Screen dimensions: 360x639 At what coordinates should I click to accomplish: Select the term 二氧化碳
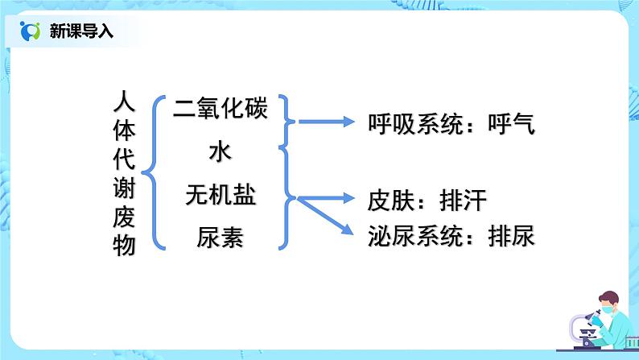[220, 108]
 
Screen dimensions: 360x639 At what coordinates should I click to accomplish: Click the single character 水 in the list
[220, 151]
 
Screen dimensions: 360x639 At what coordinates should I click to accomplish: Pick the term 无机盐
[220, 195]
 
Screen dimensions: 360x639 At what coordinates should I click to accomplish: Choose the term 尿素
[220, 238]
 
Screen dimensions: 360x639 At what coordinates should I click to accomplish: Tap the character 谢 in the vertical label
[124, 189]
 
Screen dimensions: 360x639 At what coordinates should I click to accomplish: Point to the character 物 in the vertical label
[124, 247]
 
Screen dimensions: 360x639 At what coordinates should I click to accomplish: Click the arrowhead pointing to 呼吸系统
[348, 122]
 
